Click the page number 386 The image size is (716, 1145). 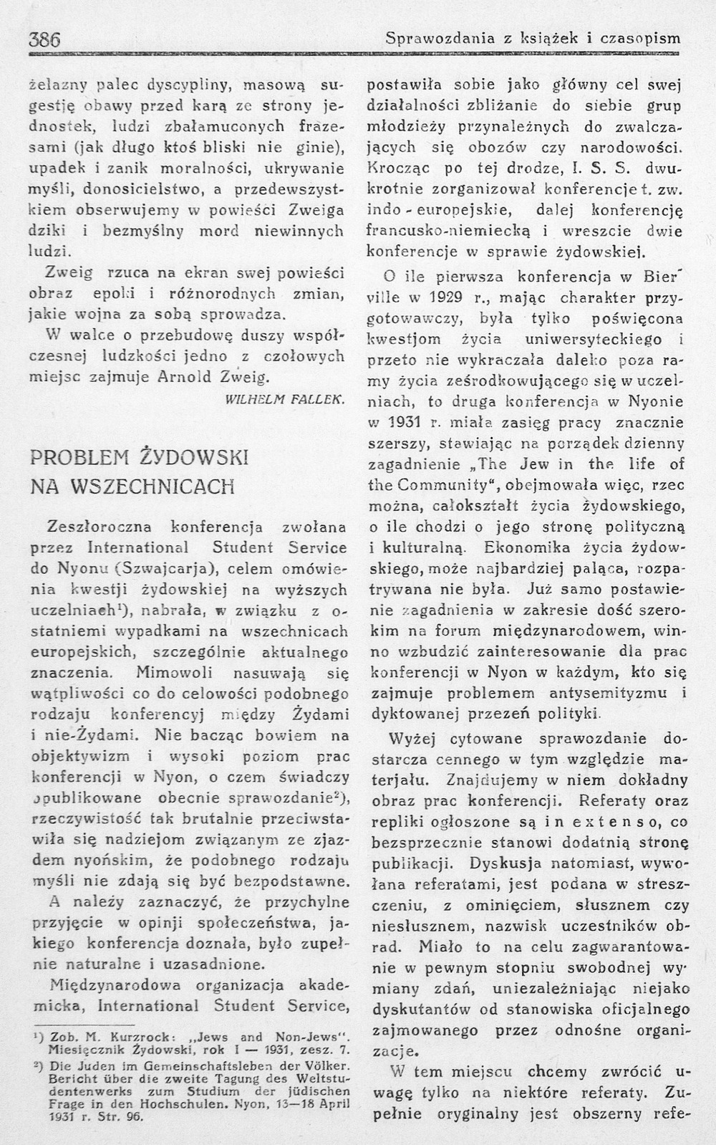tap(44, 39)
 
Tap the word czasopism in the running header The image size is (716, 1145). tap(642, 39)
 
